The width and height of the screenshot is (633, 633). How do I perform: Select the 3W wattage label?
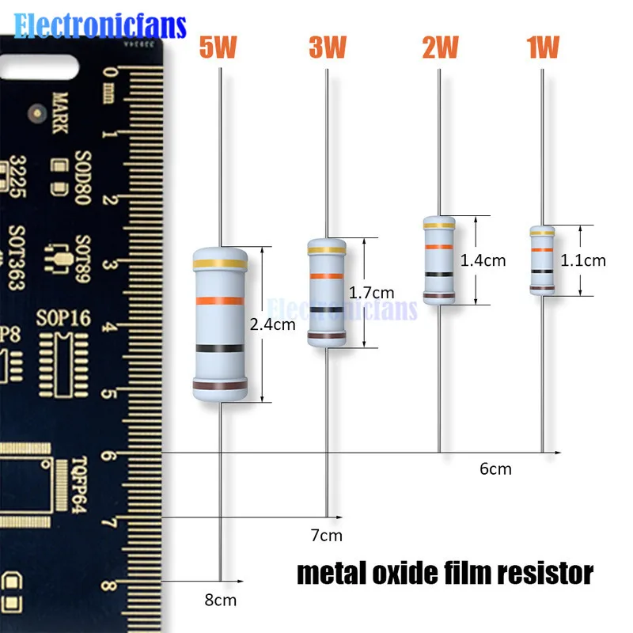pyautogui.click(x=328, y=48)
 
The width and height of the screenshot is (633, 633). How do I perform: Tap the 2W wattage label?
pyautogui.click(x=440, y=48)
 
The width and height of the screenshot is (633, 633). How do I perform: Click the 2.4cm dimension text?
pyautogui.click(x=272, y=324)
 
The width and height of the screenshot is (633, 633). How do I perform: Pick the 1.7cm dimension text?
pyautogui.click(x=371, y=293)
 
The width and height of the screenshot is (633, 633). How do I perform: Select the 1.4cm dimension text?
pyautogui.click(x=483, y=260)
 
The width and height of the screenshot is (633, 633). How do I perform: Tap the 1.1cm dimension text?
pyautogui.click(x=583, y=260)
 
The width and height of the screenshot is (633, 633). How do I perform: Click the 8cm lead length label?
pyautogui.click(x=220, y=600)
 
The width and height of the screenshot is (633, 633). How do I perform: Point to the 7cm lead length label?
pyautogui.click(x=326, y=536)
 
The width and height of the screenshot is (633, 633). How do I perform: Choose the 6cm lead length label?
pyautogui.click(x=495, y=469)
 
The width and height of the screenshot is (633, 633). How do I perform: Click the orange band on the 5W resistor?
pyautogui.click(x=220, y=301)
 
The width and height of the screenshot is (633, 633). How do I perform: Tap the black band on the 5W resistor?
pyautogui.click(x=220, y=348)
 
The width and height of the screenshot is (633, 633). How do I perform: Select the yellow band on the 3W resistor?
pyautogui.click(x=326, y=251)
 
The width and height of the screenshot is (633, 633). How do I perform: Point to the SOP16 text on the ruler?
pyautogui.click(x=64, y=320)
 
